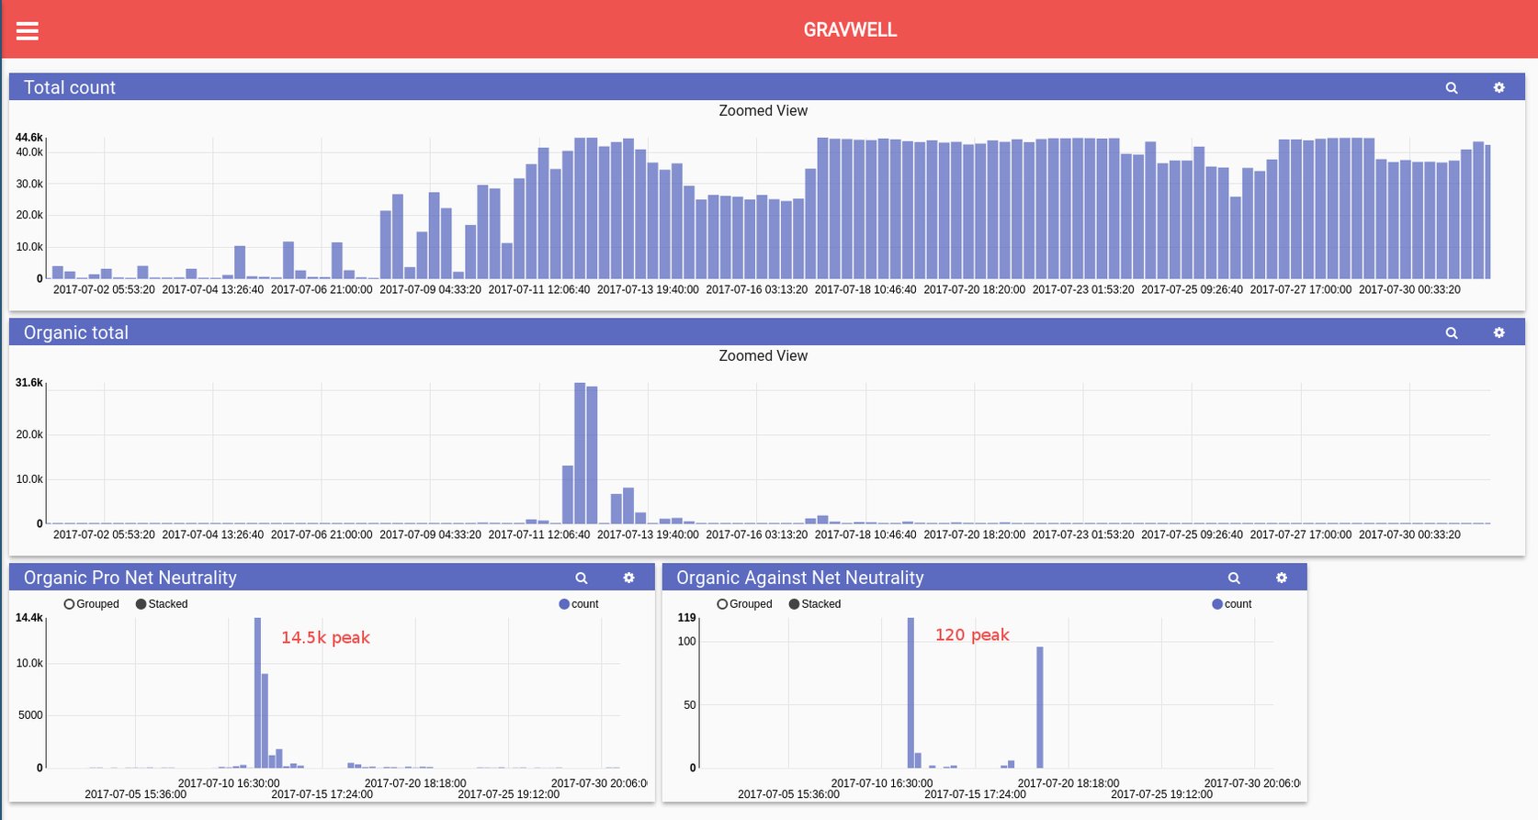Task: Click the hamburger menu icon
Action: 28,31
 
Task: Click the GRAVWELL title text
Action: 850,29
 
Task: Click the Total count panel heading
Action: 70,87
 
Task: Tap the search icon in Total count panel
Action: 1452,88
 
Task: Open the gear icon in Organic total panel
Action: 1498,332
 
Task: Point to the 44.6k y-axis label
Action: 28,138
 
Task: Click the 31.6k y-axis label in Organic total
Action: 28,383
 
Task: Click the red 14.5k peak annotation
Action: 325,637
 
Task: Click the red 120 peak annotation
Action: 971,635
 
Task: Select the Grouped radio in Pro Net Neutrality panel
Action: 69,604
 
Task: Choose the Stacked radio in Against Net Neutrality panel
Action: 794,604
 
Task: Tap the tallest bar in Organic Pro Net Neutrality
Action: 257,693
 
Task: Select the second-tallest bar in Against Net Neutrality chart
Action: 1040,707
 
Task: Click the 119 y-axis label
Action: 686,618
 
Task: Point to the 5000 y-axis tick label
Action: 30,715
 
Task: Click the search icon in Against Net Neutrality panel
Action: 1234,578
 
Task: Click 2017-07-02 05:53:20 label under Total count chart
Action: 104,289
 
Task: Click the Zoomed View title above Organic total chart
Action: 763,355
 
